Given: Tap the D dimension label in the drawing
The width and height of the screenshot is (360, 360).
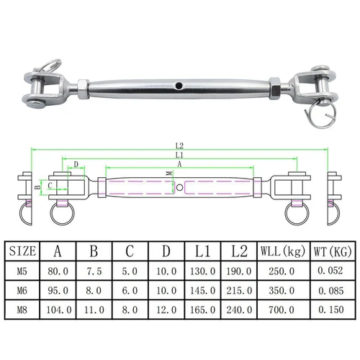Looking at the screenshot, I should tap(76, 165).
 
